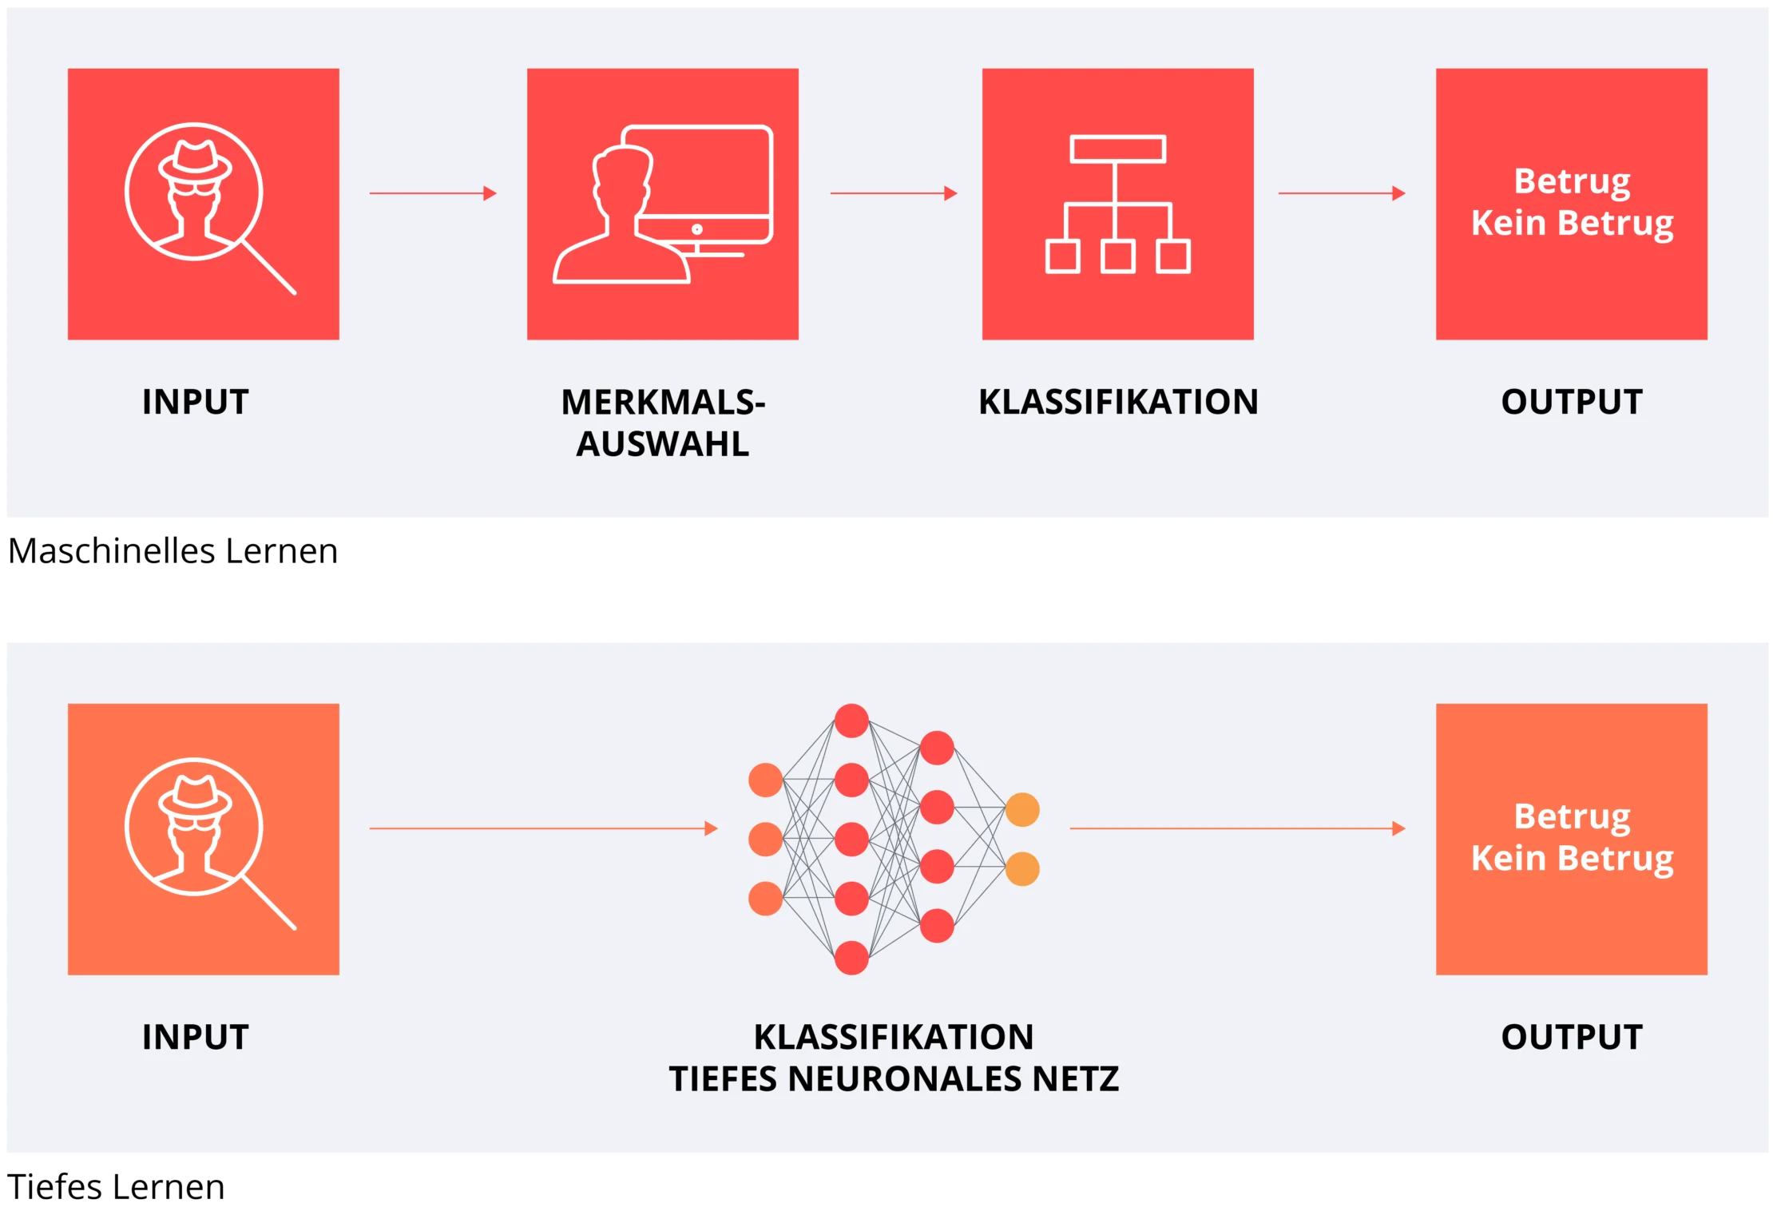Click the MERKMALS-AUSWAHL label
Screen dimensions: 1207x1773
click(x=663, y=423)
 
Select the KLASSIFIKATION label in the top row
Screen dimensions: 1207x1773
click(x=1118, y=402)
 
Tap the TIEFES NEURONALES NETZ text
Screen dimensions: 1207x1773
click(x=894, y=1079)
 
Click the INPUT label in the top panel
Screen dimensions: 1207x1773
click(x=196, y=402)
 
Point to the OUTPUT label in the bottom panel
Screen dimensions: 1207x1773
click(x=1572, y=1037)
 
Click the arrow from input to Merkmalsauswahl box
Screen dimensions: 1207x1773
click(x=433, y=193)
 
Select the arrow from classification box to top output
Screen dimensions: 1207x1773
click(x=1342, y=193)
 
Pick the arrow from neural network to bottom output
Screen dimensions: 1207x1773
click(x=1237, y=828)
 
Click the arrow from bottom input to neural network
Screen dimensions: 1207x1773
click(x=543, y=828)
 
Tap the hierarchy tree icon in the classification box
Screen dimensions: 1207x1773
click(x=1118, y=204)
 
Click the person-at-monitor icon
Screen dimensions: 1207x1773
click(x=663, y=204)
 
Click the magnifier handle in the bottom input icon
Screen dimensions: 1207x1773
click(x=269, y=903)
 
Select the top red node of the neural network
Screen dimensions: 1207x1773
click(x=851, y=721)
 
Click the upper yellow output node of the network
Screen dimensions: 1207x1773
click(x=1022, y=810)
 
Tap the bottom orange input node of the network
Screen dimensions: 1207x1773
click(x=765, y=899)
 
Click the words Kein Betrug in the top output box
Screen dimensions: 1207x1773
click(x=1572, y=223)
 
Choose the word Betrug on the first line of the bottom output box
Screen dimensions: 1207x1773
click(x=1572, y=816)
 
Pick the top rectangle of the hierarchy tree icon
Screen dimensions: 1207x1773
click(x=1118, y=149)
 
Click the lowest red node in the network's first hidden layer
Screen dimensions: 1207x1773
click(x=851, y=958)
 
